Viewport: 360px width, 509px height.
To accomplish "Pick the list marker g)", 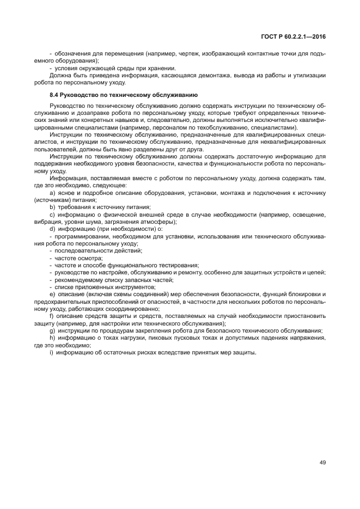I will click(x=52, y=330).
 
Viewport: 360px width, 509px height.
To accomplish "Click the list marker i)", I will click(x=52, y=352).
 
